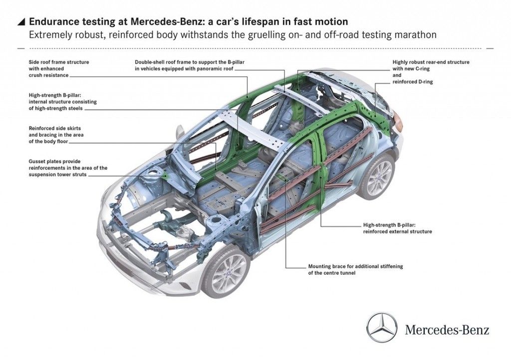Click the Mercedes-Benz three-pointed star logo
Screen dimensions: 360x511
click(x=382, y=328)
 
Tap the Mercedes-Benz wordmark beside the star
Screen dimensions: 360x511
click(x=447, y=330)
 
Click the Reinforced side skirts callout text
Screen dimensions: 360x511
click(x=55, y=135)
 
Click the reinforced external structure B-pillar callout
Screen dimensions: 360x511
click(x=397, y=228)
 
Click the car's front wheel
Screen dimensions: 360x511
click(x=229, y=274)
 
